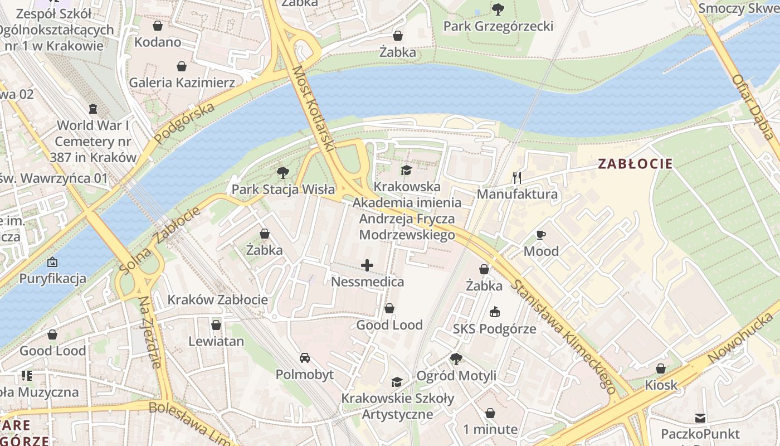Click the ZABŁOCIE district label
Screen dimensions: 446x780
point(635,164)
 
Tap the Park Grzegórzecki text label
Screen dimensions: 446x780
point(498,26)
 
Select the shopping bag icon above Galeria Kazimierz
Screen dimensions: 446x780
point(182,67)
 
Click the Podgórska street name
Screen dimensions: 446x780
point(184,123)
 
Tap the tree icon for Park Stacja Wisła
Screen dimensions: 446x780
point(283,172)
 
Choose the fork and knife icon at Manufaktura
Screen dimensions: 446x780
point(517,178)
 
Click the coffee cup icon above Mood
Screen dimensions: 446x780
point(540,235)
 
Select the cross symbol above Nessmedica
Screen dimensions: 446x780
point(367,265)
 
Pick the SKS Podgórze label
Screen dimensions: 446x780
point(494,329)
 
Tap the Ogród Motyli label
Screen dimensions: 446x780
point(456,376)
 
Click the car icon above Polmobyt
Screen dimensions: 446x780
point(305,357)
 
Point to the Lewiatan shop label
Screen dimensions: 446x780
point(216,341)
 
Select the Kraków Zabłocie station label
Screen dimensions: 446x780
point(218,299)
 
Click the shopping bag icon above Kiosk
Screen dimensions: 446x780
point(661,369)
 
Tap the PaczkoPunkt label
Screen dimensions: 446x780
point(700,434)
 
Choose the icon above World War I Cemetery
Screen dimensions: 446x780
point(93,108)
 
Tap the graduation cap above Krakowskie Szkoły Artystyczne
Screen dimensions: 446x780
point(397,382)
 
